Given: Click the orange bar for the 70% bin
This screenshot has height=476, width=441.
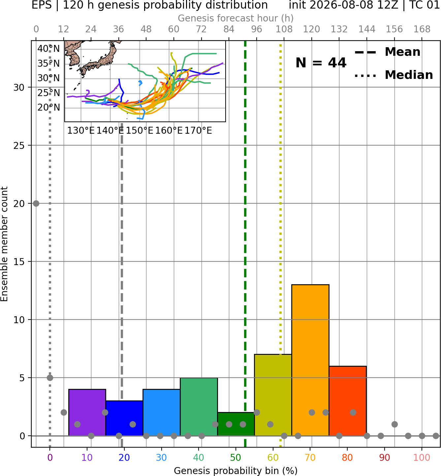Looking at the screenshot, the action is tap(310, 360).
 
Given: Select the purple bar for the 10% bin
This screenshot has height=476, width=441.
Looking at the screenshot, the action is tap(87, 412).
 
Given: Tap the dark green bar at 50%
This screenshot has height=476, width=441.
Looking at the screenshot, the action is tap(236, 424).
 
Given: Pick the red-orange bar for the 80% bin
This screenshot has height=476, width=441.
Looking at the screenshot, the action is tap(348, 401).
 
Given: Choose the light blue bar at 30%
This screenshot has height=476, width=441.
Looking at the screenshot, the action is tap(161, 412).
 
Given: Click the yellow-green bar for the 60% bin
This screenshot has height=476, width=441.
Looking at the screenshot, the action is tap(273, 395).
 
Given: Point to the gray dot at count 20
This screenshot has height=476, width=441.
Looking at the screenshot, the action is tap(36, 203).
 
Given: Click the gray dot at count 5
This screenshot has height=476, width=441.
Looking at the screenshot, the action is tap(50, 378).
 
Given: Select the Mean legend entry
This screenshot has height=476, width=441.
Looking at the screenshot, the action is tap(387, 52).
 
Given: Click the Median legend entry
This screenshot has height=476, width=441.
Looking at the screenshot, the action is tap(394, 75).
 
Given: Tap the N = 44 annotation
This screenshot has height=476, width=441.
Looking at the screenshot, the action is tap(321, 63).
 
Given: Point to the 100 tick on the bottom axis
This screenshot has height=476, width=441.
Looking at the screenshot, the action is tap(422, 458).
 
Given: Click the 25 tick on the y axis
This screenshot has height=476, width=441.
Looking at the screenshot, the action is tap(19, 146).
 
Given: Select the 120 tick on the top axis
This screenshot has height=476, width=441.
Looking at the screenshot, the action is tap(311, 29).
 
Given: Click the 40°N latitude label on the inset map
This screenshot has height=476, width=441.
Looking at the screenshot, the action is tap(48, 49).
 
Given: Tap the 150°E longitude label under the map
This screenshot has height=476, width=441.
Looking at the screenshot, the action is tap(140, 131).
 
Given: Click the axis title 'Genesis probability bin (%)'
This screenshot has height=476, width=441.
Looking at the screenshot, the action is tap(236, 471).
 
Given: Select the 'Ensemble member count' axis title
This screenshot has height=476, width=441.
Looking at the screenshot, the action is tap(4, 244).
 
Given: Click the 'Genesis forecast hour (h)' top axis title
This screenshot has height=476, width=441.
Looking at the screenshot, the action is tap(236, 18).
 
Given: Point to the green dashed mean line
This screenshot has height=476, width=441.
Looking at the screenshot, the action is tap(245, 244).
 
